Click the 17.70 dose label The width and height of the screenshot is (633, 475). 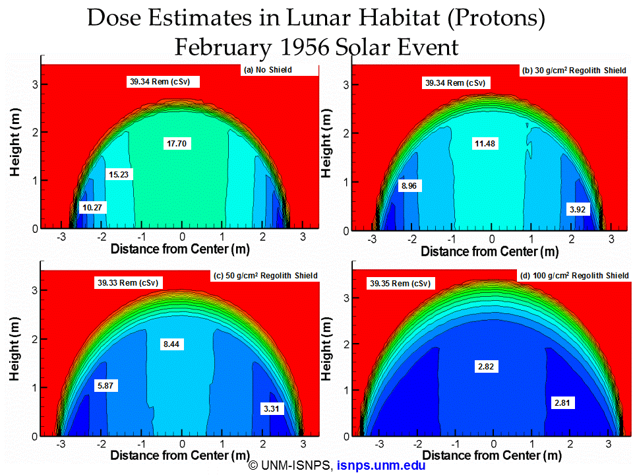(177, 143)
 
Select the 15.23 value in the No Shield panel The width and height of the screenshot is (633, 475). (119, 174)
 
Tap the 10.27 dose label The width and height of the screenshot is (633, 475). (92, 208)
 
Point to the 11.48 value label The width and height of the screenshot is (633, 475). (485, 143)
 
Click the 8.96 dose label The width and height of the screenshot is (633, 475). (409, 186)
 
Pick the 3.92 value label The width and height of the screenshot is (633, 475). (578, 209)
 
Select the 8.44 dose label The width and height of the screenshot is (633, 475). (171, 344)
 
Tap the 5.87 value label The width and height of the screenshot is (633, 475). (105, 385)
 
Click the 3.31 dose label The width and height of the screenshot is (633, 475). (271, 408)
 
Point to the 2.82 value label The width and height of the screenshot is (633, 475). (486, 366)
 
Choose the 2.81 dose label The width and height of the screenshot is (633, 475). (562, 402)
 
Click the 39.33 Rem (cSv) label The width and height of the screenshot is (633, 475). (128, 283)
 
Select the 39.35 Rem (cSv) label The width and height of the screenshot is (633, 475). (400, 284)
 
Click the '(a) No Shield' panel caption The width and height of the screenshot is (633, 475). (268, 70)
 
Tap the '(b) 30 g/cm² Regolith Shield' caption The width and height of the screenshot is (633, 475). (574, 71)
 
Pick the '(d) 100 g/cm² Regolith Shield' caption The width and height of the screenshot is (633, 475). (574, 276)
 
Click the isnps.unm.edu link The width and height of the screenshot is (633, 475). (381, 465)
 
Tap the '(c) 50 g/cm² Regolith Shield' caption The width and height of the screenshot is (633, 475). (266, 276)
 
